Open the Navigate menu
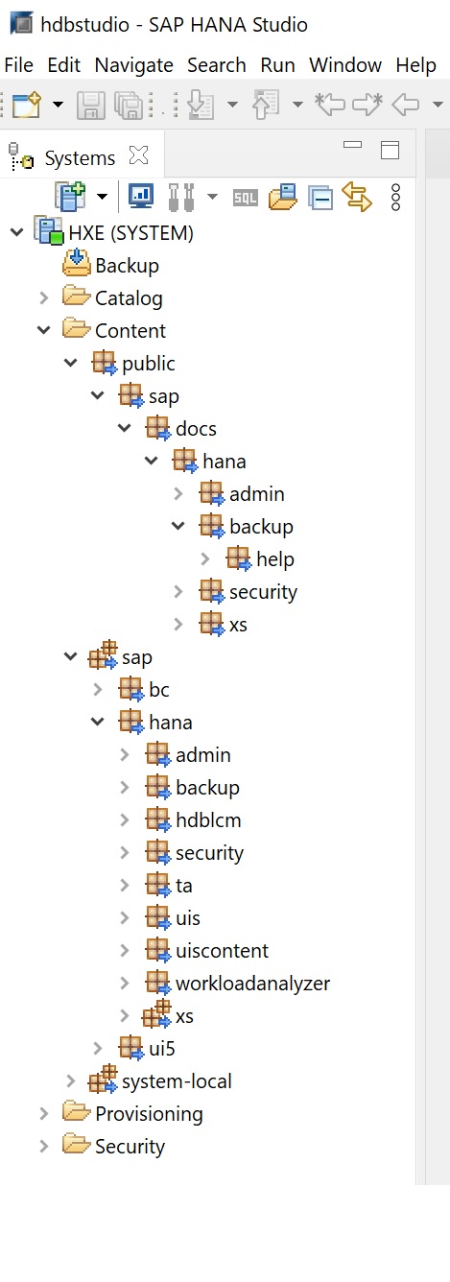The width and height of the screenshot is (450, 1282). click(134, 65)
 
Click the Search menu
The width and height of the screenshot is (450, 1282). click(217, 65)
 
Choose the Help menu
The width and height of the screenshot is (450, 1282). click(415, 65)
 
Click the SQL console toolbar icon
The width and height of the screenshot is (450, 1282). click(245, 198)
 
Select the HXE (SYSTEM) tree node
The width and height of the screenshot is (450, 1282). click(130, 233)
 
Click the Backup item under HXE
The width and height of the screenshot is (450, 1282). click(127, 266)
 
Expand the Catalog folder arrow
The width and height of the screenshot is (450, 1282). click(44, 297)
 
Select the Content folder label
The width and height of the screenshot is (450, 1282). click(130, 330)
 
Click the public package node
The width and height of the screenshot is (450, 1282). click(149, 363)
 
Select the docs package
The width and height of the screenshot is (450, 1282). click(196, 428)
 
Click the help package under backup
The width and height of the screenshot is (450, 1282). click(274, 558)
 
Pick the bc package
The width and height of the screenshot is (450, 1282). click(158, 689)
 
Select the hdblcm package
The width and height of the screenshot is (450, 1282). click(208, 819)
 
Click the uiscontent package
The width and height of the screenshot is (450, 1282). click(223, 950)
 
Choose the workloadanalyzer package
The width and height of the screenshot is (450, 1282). click(252, 983)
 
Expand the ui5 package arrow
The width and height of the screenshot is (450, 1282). click(98, 1048)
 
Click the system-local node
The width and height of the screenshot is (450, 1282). click(177, 1081)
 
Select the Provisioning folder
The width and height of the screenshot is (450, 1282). click(149, 1114)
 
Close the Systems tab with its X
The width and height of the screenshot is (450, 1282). click(138, 154)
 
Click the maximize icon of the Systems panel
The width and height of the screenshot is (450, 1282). click(390, 150)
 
